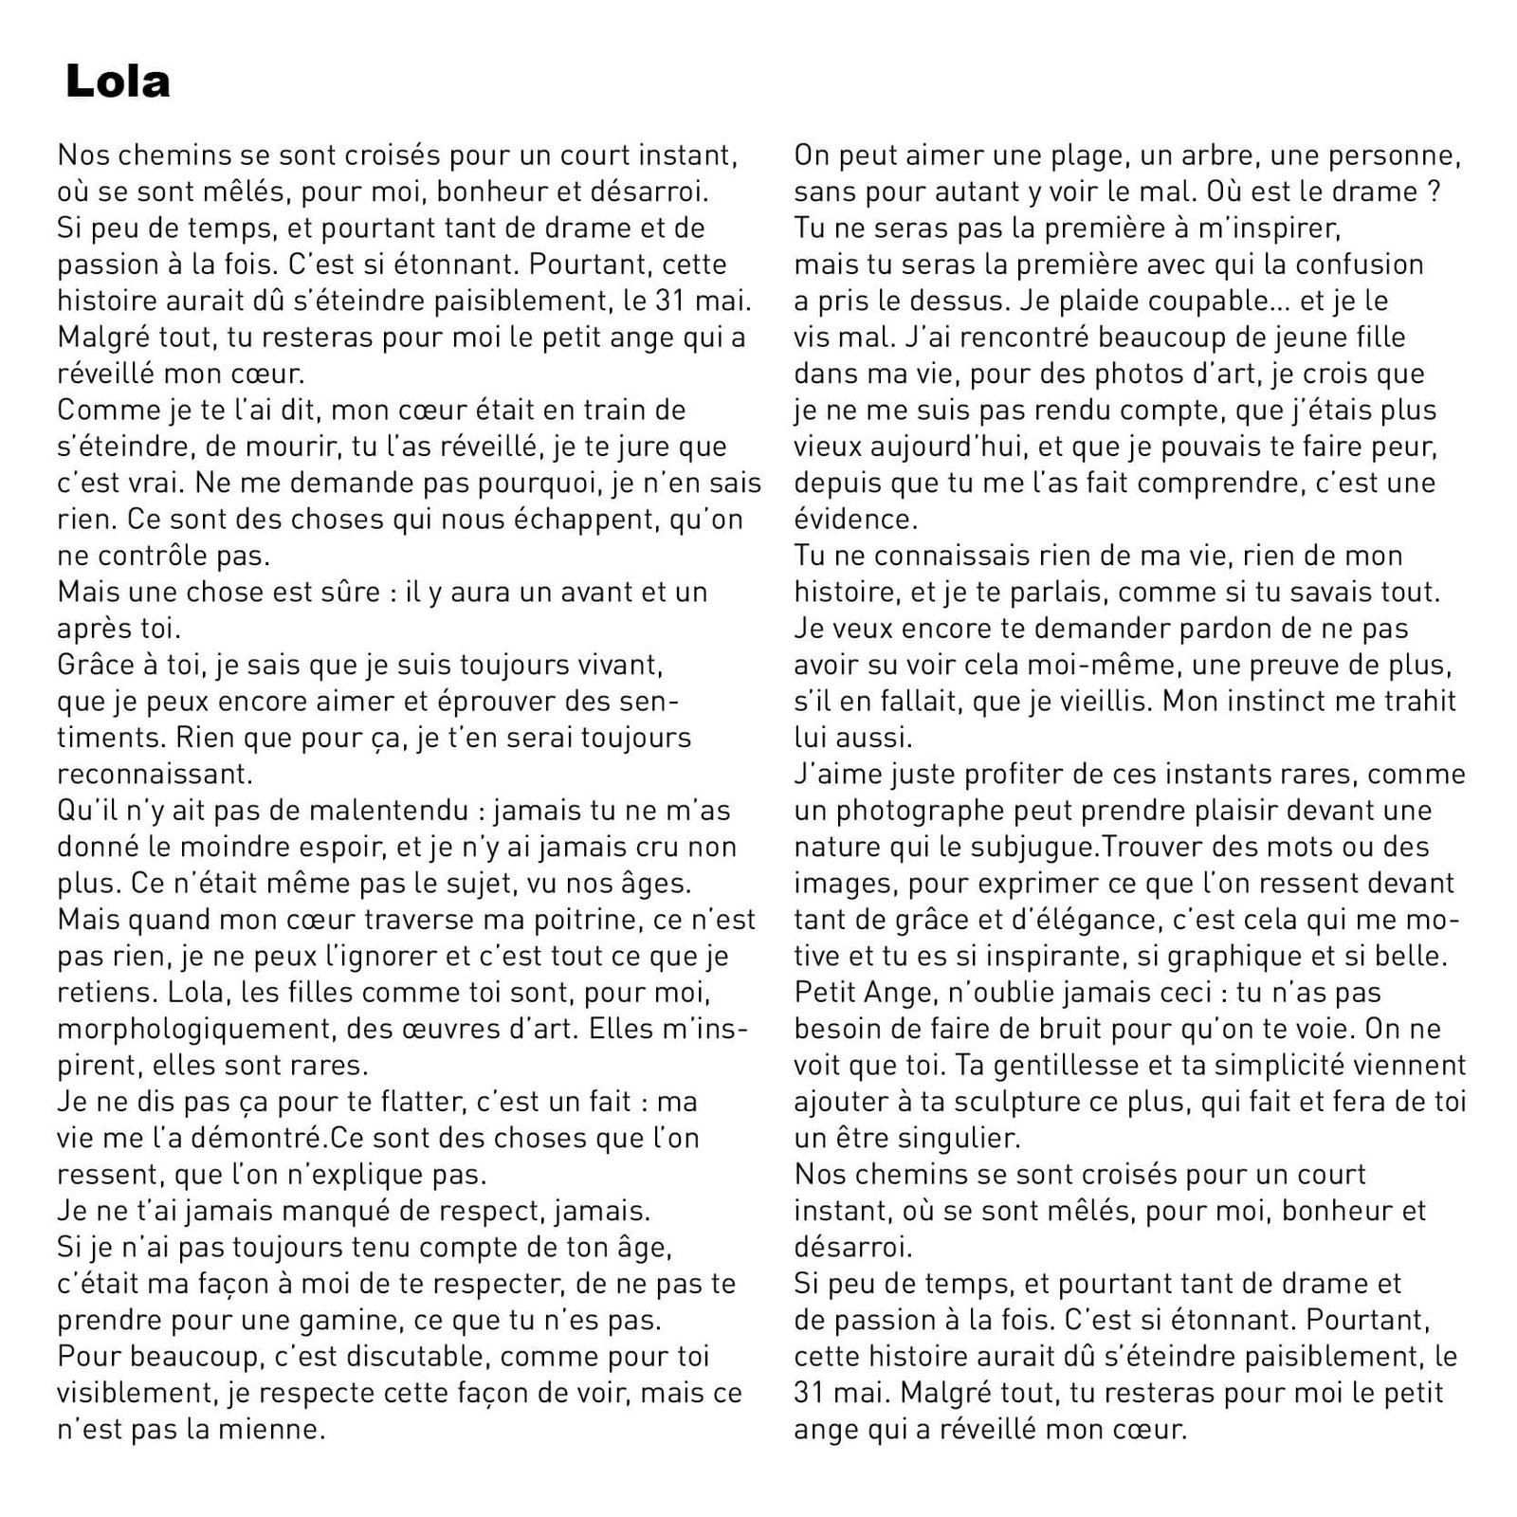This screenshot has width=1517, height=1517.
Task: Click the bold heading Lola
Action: (x=118, y=82)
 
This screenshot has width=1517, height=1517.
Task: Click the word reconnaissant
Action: (x=155, y=775)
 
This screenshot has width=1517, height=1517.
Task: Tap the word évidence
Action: (x=852, y=519)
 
